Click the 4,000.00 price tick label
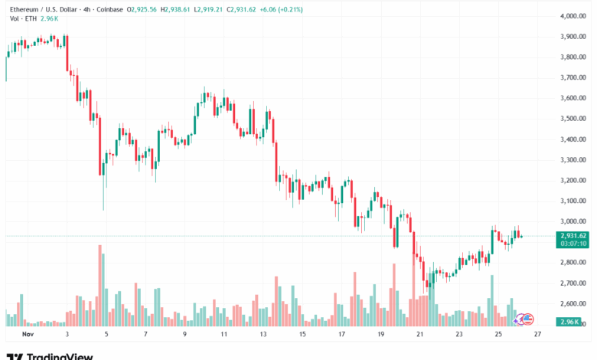(573, 15)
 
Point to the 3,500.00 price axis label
(573, 119)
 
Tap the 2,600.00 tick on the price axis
(573, 304)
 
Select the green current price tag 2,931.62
(573, 235)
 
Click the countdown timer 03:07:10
(573, 244)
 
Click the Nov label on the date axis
(28, 335)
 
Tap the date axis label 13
(263, 335)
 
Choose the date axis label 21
(419, 335)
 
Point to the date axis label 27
(537, 335)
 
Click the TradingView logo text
(60, 356)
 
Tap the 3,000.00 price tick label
(573, 221)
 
